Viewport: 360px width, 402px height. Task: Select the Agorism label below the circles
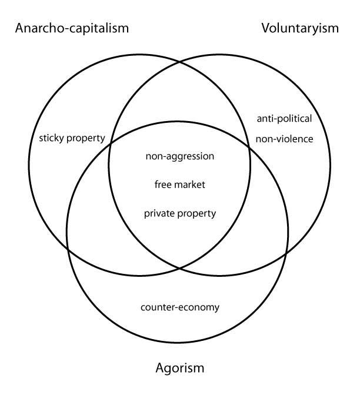(180, 369)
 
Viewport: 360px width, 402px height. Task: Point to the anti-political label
(284, 119)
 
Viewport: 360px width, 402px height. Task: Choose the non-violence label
(284, 139)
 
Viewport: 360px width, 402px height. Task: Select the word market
(189, 185)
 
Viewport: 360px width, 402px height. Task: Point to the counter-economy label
(180, 307)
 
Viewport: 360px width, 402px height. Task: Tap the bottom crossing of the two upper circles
(180, 267)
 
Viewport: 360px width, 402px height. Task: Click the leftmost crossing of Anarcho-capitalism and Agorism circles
(69, 250)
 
